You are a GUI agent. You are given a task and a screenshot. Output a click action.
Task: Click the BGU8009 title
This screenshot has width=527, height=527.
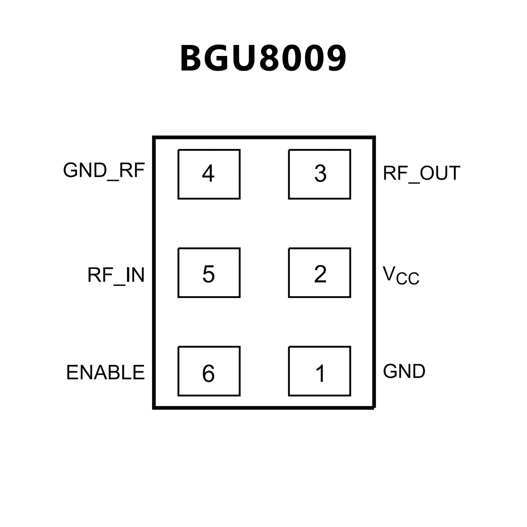(x=263, y=58)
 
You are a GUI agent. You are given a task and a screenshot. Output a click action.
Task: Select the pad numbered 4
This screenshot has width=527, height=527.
(x=209, y=174)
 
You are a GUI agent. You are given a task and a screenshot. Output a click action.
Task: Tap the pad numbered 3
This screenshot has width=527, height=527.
(x=319, y=174)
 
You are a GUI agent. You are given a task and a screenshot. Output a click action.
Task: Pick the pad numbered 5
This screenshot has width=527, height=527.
(x=209, y=273)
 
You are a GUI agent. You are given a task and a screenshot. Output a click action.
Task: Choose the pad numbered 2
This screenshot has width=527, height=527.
(x=319, y=273)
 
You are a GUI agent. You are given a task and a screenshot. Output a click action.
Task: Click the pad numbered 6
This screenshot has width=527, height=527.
(x=209, y=371)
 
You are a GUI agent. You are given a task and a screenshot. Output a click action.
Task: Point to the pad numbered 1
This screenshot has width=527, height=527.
(x=319, y=371)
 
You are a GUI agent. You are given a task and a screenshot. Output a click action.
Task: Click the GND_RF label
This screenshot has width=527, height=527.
(x=104, y=171)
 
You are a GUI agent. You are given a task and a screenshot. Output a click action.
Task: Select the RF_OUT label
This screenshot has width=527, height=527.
(x=421, y=173)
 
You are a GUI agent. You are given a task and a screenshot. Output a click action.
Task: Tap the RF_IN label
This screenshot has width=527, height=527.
(x=116, y=275)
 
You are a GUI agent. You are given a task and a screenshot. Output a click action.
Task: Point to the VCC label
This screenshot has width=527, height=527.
(x=401, y=275)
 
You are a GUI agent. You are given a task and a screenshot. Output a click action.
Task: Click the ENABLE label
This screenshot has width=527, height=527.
(x=105, y=373)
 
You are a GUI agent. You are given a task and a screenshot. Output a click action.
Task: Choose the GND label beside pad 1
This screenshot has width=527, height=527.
(x=404, y=371)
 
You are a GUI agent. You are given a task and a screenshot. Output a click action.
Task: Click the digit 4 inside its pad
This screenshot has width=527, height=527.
(x=208, y=173)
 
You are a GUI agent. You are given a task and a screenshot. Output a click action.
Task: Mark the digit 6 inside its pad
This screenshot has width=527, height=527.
(x=208, y=373)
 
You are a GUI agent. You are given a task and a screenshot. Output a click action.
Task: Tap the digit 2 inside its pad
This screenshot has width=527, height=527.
(x=320, y=274)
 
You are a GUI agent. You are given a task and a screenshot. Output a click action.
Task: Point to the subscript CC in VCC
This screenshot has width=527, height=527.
(x=408, y=278)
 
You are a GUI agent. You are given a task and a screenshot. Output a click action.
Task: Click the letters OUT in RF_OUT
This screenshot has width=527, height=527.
(x=440, y=173)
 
